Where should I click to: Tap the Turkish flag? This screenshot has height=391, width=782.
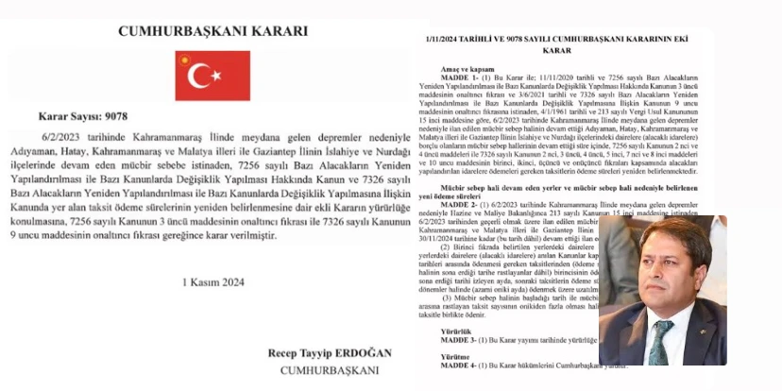212,76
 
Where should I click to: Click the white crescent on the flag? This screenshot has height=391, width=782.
199,76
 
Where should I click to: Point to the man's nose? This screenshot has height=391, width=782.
660,271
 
